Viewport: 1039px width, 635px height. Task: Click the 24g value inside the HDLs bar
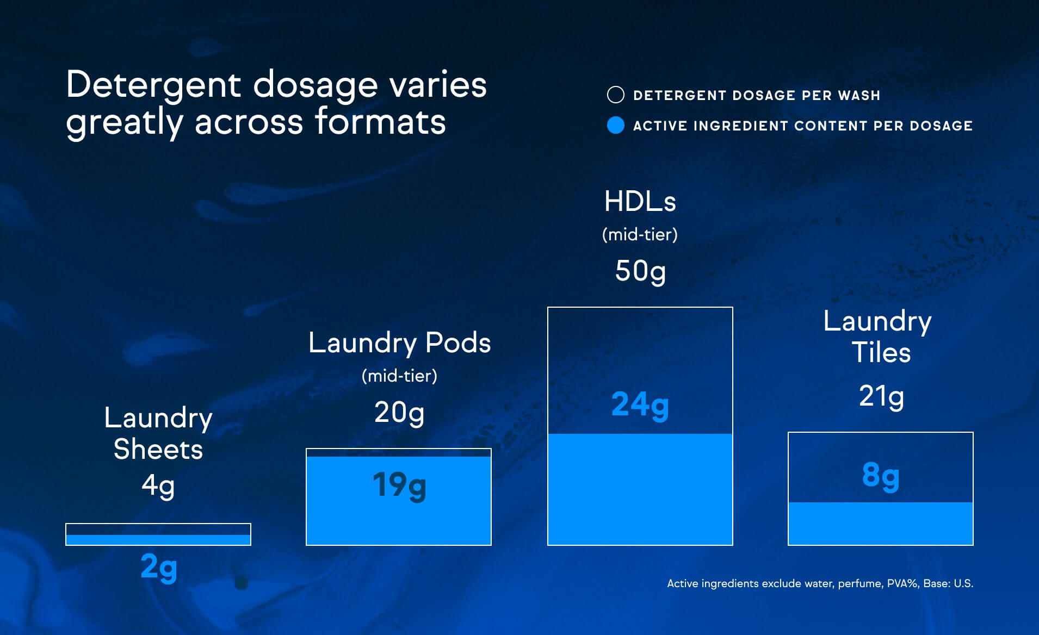[x=640, y=405]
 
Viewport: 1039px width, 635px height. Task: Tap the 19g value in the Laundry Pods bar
[x=399, y=485]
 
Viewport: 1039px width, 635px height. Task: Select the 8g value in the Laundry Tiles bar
[x=880, y=475]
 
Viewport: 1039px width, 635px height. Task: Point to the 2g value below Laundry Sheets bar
[x=158, y=568]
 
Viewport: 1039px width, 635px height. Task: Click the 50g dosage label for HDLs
[x=640, y=271]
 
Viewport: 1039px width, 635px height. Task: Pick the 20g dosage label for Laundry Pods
[x=399, y=412]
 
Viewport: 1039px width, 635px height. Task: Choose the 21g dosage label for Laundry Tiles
[x=881, y=396]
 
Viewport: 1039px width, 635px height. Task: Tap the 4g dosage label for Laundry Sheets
[x=158, y=485]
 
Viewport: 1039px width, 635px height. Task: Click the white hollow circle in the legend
[x=615, y=95]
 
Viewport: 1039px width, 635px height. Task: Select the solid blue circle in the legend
[x=615, y=126]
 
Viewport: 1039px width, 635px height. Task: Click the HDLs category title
[x=640, y=202]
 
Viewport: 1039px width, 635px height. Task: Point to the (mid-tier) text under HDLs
[x=640, y=234]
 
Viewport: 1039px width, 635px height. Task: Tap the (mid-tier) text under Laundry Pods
[x=399, y=376]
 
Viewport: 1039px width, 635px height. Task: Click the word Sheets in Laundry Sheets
[x=158, y=450]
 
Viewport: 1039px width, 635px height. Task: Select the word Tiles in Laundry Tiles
[x=881, y=352]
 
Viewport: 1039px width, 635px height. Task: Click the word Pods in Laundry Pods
[x=458, y=343]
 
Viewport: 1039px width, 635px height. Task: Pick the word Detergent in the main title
[x=153, y=85]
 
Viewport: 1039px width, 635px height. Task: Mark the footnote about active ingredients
[x=820, y=583]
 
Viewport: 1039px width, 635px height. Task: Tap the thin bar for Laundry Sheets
[x=158, y=534]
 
